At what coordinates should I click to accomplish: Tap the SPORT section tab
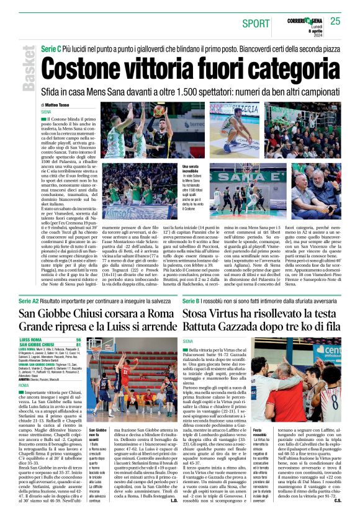click(256, 23)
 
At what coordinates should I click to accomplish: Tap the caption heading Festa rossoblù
click(261, 434)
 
